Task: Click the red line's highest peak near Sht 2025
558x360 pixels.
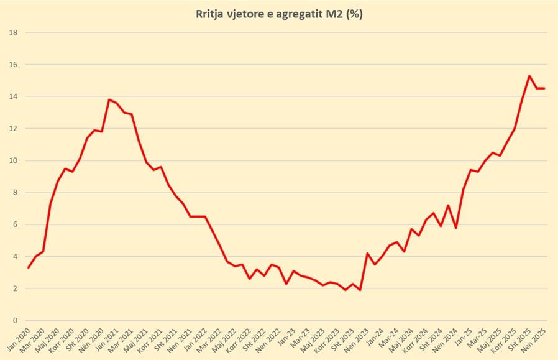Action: [x=529, y=76]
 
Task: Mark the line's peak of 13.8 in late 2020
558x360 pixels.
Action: [x=109, y=99]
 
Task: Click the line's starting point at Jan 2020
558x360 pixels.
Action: [x=29, y=267]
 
